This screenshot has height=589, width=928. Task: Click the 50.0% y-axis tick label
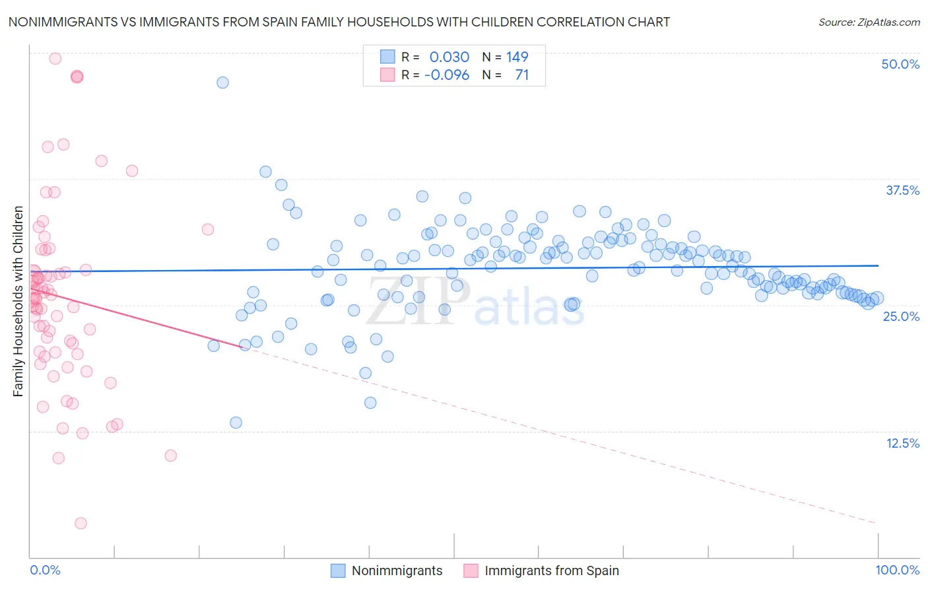coord(900,64)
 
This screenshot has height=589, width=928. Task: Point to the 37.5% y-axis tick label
coord(902,190)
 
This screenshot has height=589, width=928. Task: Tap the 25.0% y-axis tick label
coord(901,316)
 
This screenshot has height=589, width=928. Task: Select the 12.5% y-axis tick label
coord(902,443)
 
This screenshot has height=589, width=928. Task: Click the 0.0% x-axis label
coord(45,570)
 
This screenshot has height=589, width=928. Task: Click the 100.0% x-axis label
coord(897,570)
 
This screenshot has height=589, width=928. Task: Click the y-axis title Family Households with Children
coord(18,301)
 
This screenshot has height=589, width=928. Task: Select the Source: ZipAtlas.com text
coord(869,22)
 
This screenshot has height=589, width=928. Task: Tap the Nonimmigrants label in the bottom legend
coord(397,571)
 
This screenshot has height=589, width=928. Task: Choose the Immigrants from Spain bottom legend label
coord(552,571)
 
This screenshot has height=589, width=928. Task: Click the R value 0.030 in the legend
coord(449,57)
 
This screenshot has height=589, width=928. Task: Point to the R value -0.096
coord(447,75)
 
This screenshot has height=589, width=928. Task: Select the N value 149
coord(517,57)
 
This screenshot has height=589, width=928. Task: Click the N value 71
coord(521,75)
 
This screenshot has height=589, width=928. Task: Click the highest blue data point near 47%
coord(222,83)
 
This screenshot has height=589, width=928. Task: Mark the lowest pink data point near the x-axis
coord(81,523)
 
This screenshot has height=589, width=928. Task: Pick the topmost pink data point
coord(55,59)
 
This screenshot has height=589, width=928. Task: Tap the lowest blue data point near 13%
coord(236,423)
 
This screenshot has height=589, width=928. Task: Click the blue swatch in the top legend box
coord(387,57)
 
